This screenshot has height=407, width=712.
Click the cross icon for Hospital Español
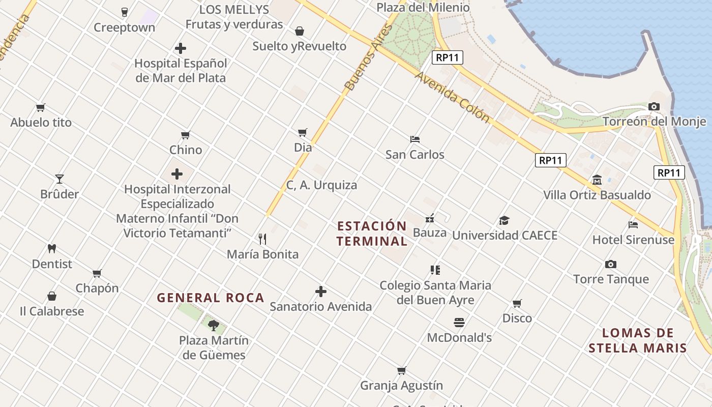coord(181,49)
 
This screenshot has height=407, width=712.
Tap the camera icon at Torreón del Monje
coord(654,107)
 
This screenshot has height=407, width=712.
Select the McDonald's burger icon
coord(459,323)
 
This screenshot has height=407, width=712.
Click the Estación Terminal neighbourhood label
coord(372,234)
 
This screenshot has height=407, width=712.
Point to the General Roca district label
coord(211,298)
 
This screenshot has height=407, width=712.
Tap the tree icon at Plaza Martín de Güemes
coord(214,325)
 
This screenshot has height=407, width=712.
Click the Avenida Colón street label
coord(452,97)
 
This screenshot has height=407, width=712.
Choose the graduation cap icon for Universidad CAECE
coord(504,221)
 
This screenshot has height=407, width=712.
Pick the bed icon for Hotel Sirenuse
coord(633,225)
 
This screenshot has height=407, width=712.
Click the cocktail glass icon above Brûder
coord(60,179)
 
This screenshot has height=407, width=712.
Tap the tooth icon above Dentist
coord(51,249)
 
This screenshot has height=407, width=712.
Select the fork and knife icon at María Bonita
coord(262,239)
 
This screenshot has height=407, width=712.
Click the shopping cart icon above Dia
coord(303,133)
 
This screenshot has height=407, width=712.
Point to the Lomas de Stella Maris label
coord(638,341)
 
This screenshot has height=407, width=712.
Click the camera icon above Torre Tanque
coord(611,265)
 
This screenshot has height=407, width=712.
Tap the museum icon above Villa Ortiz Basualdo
coord(597,180)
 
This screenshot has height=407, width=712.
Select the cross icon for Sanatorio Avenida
coord(320,292)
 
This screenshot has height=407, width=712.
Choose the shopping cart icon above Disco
coord(517,304)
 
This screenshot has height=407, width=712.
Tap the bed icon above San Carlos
coord(415,139)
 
